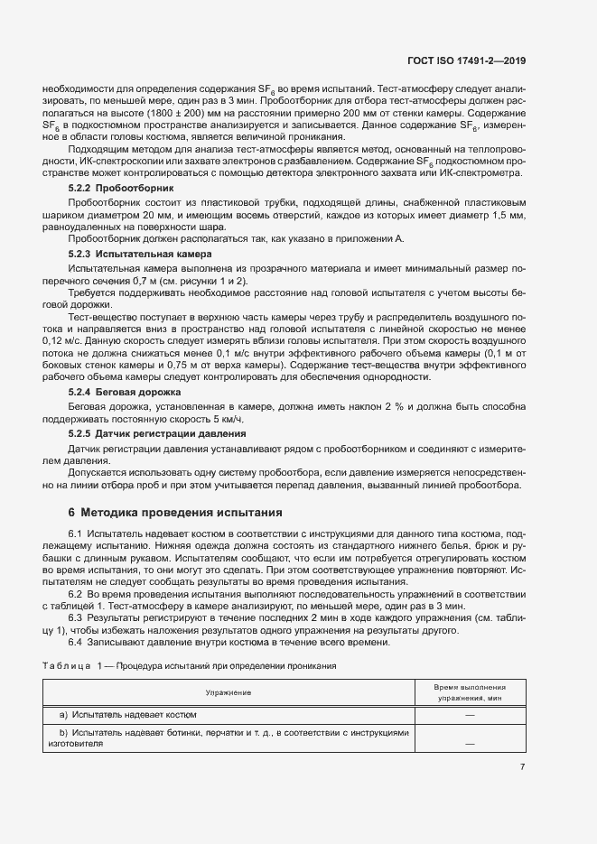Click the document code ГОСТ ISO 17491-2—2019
(464, 61)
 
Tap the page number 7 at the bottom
(522, 767)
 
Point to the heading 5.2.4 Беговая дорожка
(125, 393)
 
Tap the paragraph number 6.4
(76, 642)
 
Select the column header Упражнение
(228, 691)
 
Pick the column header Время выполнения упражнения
(470, 692)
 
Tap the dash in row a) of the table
(470, 715)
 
